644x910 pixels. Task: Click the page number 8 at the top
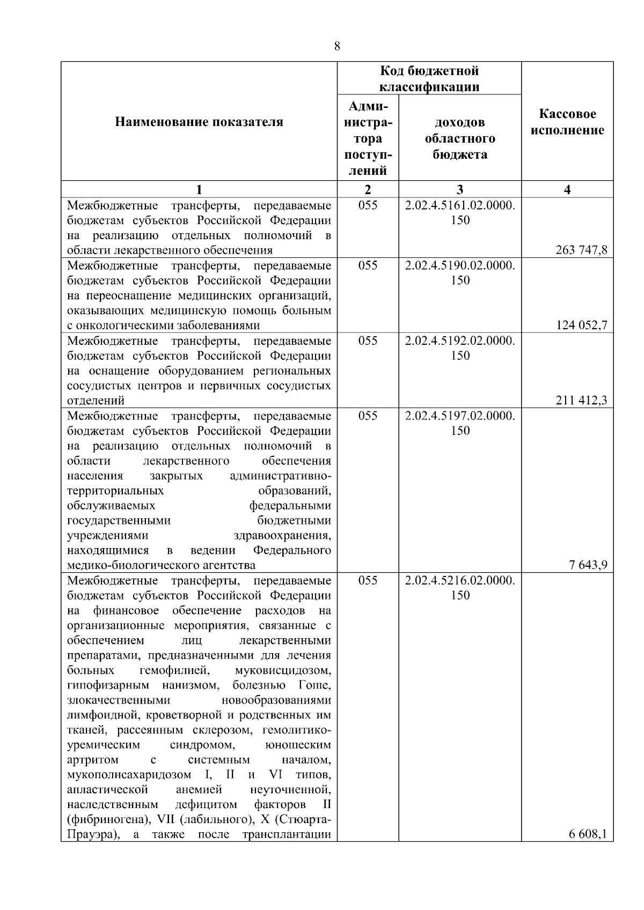336,46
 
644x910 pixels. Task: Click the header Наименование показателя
199,122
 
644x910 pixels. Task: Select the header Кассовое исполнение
567,122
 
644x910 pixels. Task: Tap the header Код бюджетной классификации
429,79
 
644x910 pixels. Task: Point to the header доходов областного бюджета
460,138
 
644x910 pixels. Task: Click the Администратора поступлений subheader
368,138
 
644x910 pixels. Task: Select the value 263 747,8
582,250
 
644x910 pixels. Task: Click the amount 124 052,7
582,325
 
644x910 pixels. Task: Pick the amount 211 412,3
582,400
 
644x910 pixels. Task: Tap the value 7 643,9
588,565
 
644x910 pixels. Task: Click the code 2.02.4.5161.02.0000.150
460,212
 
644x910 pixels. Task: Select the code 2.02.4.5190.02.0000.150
460,272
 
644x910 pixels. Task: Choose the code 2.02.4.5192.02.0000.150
460,347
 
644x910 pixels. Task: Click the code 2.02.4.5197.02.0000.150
460,423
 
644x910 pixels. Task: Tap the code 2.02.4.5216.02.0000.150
460,588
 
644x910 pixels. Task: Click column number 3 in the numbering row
460,189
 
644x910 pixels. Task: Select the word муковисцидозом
283,670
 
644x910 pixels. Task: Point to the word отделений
96,401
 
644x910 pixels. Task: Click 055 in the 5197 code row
368,416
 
